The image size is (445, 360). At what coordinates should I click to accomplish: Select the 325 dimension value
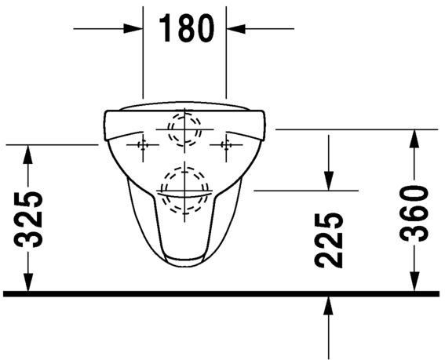click(27, 220)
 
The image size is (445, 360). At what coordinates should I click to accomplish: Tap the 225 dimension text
click(329, 241)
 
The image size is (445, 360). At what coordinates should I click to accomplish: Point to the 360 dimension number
click(414, 213)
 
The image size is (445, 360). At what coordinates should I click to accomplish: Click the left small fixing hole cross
click(143, 145)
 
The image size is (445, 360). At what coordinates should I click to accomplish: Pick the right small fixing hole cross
click(226, 145)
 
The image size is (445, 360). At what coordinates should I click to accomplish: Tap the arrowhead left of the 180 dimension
click(133, 29)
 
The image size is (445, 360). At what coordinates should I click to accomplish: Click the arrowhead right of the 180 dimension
click(235, 29)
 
